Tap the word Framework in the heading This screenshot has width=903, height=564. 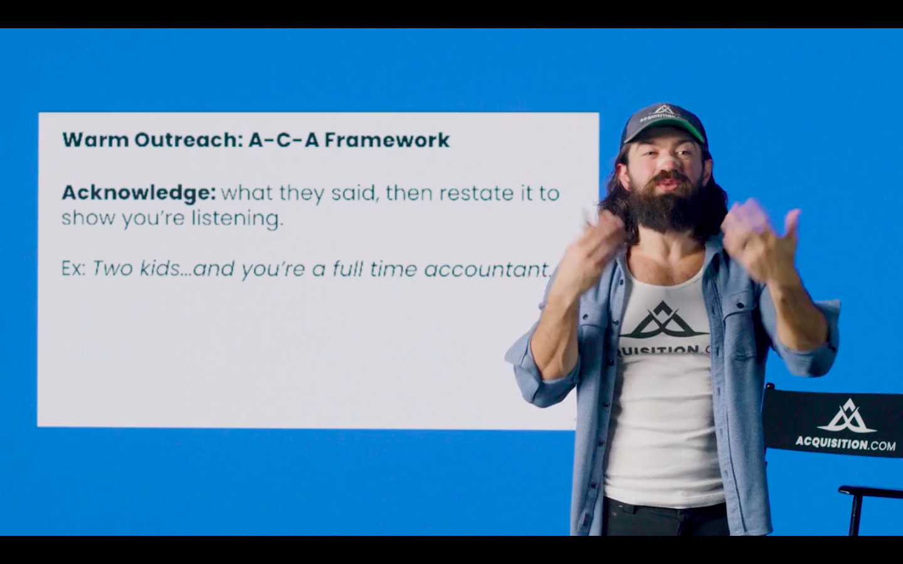(x=387, y=140)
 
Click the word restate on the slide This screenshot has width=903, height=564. (x=477, y=193)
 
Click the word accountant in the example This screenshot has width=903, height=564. (x=487, y=269)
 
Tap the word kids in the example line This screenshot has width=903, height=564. (x=160, y=269)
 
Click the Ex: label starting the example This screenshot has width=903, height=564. (x=74, y=269)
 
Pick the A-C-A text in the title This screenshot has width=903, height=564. (x=284, y=140)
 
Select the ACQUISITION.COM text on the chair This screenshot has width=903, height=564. (x=845, y=444)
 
